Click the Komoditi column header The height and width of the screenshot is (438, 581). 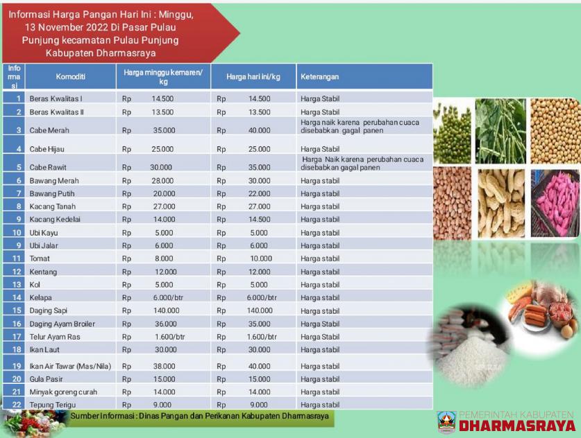(60, 76)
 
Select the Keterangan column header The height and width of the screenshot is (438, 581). (319, 76)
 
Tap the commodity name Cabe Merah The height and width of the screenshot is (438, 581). (49, 130)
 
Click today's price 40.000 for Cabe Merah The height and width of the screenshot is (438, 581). (260, 130)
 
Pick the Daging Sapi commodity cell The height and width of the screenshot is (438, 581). (48, 310)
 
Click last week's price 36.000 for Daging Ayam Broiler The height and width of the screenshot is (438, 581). (164, 324)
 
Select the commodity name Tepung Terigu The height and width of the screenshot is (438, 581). (52, 405)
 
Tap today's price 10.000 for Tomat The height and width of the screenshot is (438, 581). (262, 259)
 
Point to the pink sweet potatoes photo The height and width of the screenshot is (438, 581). (555, 203)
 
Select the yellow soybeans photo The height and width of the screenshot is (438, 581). (555, 131)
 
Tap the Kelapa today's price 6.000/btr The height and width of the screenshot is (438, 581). (262, 297)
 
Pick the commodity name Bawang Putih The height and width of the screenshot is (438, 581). (53, 193)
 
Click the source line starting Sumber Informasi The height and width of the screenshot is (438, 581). (200, 416)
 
